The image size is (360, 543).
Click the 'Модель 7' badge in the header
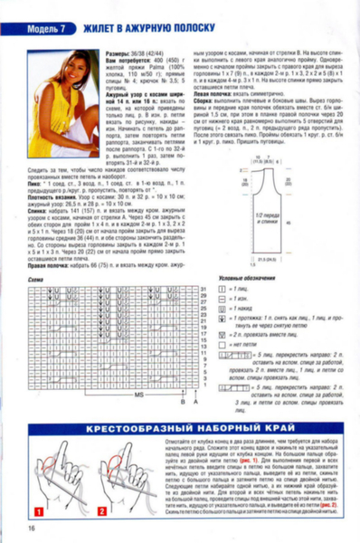pyautogui.click(x=42, y=28)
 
